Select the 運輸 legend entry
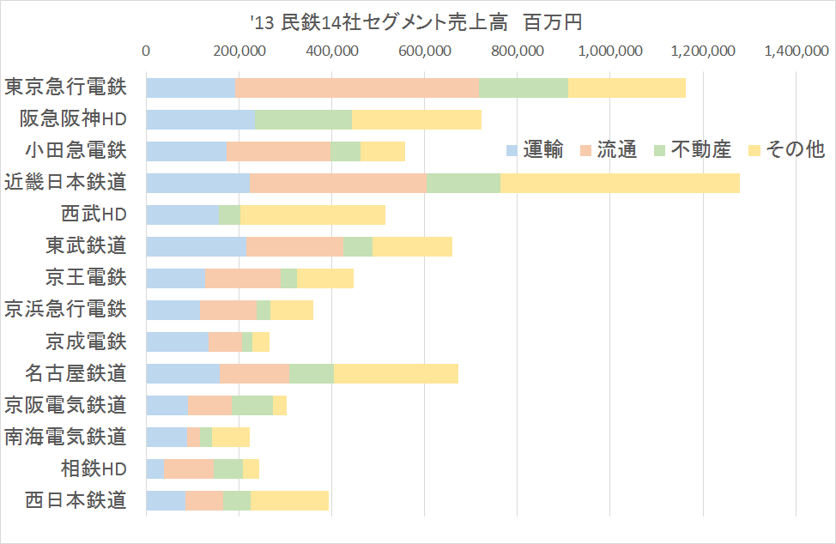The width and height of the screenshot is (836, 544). [x=535, y=150]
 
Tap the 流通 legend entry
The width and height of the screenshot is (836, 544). [x=609, y=150]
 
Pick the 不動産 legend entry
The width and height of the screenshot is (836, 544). [x=692, y=150]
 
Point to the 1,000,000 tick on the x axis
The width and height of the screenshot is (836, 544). [x=610, y=52]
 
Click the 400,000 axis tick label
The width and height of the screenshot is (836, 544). [x=332, y=52]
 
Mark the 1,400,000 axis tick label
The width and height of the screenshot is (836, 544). [x=796, y=52]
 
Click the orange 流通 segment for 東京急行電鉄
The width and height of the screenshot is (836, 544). [x=356, y=88]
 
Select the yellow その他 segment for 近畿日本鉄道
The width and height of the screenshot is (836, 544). [x=620, y=183]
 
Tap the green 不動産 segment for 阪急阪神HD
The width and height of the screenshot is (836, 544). [x=304, y=119]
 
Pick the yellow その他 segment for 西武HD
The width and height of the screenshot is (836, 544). [x=312, y=215]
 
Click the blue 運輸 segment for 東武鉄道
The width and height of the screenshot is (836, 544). [x=197, y=246]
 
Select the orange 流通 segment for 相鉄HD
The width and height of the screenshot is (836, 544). [x=189, y=468]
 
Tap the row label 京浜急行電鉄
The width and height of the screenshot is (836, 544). [x=66, y=310]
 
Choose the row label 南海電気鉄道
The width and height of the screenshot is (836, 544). [x=66, y=437]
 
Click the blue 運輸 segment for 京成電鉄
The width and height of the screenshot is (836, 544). [x=178, y=342]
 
